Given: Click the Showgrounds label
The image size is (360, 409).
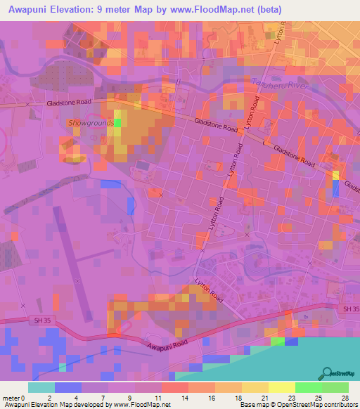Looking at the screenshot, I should click(91, 123).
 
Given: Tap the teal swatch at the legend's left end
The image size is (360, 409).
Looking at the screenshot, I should click(41, 387).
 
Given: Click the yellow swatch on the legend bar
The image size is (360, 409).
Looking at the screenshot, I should click(281, 387).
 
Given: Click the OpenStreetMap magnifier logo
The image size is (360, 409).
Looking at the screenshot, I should click(326, 373).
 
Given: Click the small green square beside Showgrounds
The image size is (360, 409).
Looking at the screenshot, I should click(117, 123).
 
